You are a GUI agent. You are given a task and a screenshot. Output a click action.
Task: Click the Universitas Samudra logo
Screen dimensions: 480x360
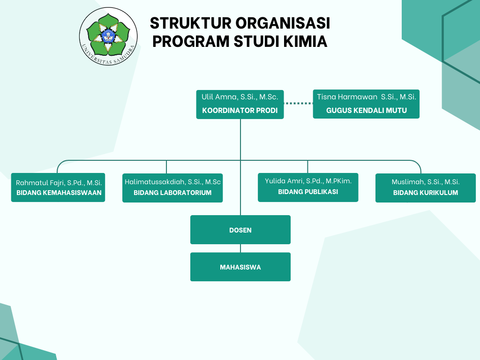[x=108, y=36]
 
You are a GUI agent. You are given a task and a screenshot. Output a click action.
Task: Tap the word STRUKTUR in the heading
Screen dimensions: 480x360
[x=190, y=23]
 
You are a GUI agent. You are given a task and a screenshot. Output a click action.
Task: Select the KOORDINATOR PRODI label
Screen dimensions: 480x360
[x=240, y=111]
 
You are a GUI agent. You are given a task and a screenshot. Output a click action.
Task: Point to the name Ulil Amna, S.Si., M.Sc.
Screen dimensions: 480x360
[x=240, y=97]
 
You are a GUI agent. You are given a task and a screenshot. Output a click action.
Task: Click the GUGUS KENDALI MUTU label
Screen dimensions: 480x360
[x=367, y=111]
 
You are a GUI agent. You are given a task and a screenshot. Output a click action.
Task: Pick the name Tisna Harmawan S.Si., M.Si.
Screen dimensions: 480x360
[x=367, y=97]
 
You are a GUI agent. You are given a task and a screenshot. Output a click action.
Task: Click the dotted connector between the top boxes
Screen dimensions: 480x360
[x=299, y=104]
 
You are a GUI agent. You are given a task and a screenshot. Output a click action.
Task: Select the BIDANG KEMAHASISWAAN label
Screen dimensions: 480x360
[x=59, y=193]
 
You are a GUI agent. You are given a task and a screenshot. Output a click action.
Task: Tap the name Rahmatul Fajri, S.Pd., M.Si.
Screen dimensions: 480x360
[x=59, y=183]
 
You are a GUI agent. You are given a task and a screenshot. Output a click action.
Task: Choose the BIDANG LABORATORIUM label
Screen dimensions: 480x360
[x=172, y=193]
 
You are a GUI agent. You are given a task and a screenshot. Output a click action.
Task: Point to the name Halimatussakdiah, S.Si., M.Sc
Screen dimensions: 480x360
[x=172, y=182]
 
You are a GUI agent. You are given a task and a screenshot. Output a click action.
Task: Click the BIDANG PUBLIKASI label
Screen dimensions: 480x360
[x=308, y=192]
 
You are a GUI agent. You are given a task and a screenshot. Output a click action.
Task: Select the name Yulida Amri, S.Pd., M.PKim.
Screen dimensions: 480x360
[x=308, y=181]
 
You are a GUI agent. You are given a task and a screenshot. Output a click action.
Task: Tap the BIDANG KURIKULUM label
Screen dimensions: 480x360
[x=426, y=193]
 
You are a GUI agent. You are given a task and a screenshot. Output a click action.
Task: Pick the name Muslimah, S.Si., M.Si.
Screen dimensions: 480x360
[x=426, y=182]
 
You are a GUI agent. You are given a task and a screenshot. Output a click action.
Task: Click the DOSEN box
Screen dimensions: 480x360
[x=240, y=230]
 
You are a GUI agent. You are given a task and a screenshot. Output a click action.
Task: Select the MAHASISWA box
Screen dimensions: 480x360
[x=240, y=267]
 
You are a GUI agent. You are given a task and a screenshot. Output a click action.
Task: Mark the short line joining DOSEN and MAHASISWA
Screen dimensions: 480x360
[x=240, y=248]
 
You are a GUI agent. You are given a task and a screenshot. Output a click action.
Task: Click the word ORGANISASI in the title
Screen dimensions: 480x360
[x=283, y=23]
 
